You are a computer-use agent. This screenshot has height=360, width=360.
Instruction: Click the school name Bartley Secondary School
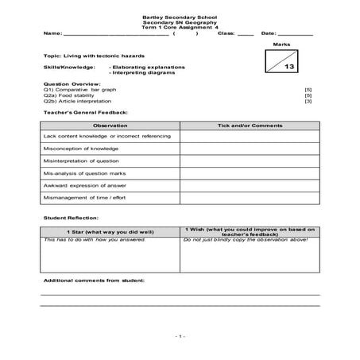180,16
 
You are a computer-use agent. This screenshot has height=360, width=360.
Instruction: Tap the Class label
226,33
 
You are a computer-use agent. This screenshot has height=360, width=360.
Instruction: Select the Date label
268,33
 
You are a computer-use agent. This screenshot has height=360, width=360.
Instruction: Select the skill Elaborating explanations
147,69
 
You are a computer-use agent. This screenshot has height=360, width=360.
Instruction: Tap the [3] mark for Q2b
308,102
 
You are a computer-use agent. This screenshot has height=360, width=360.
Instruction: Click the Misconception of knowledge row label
82,148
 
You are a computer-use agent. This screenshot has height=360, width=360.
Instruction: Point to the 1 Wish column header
249,230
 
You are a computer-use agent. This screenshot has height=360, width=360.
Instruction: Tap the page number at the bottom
180,336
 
